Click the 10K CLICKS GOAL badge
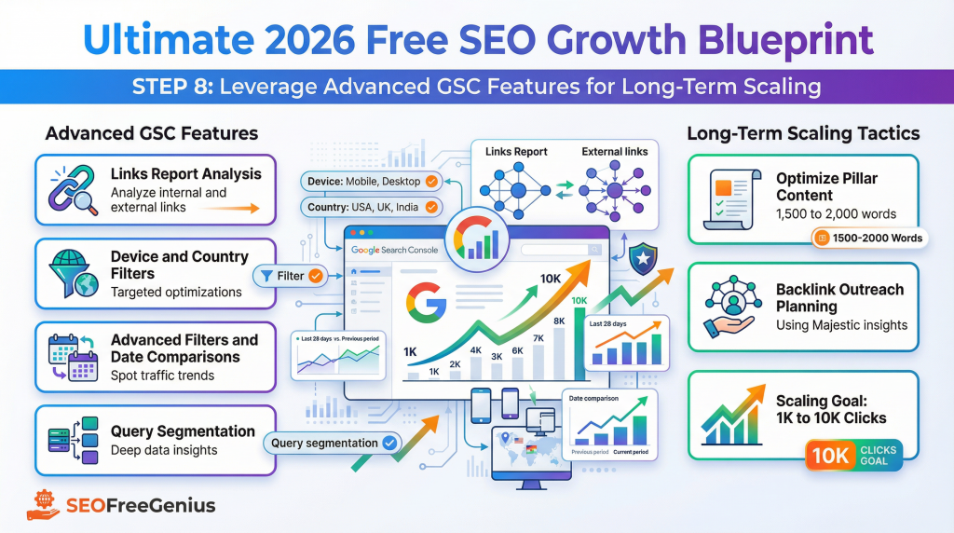point(853,456)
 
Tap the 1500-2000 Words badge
point(868,238)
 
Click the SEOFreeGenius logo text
point(140,506)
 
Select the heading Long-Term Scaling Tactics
point(803,133)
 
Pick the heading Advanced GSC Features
point(152,133)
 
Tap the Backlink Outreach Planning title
point(839,297)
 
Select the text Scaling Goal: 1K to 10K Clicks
point(831,409)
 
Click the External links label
point(614,151)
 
